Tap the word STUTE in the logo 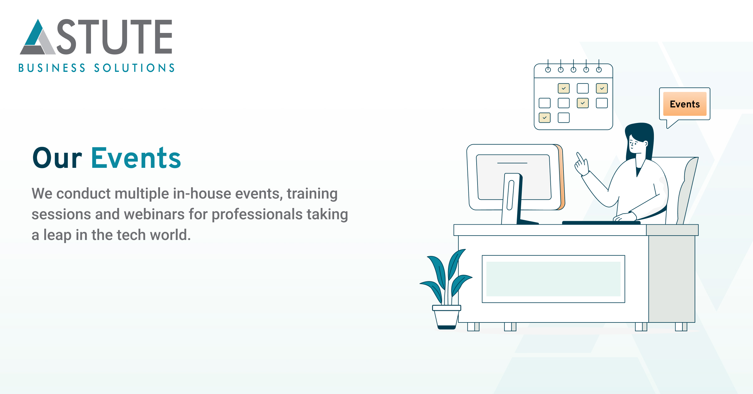point(115,37)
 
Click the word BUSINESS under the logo point(52,68)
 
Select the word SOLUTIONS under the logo point(134,68)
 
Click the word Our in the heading point(57,158)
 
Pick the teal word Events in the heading point(136,158)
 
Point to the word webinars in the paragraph point(154,215)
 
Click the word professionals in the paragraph point(257,215)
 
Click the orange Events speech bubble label point(685,104)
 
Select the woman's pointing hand point(581,165)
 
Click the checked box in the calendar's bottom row point(544,118)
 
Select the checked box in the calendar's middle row point(583,103)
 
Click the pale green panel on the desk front point(553,279)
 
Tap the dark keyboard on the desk point(601,223)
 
